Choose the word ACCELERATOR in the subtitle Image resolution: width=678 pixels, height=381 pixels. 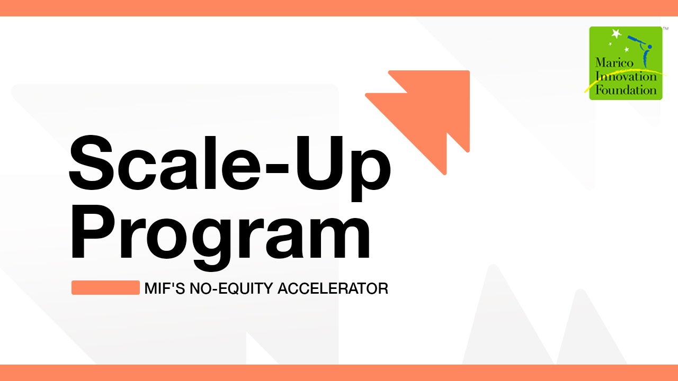[x=333, y=289]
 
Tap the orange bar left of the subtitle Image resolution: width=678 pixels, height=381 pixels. [x=105, y=287]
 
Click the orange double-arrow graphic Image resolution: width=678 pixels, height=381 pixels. [x=424, y=116]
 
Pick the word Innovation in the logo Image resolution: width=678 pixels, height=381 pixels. [x=626, y=77]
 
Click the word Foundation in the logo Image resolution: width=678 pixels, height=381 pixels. [x=626, y=89]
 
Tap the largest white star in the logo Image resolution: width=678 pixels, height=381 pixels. [x=615, y=34]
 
